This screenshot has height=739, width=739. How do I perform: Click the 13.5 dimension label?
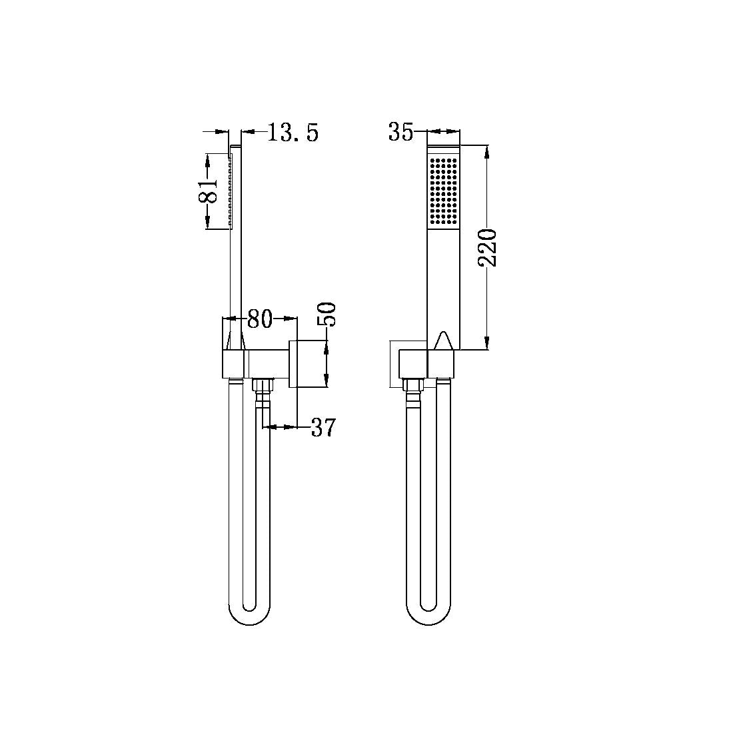pyautogui.click(x=293, y=133)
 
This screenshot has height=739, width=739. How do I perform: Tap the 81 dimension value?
pyautogui.click(x=209, y=191)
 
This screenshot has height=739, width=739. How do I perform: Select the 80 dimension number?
pyautogui.click(x=260, y=319)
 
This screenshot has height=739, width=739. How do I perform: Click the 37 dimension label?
pyautogui.click(x=323, y=428)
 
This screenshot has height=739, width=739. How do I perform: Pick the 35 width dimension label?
pyautogui.click(x=401, y=133)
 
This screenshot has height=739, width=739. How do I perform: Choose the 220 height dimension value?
pyautogui.click(x=488, y=247)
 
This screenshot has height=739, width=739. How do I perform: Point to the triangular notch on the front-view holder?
pyautogui.click(x=443, y=341)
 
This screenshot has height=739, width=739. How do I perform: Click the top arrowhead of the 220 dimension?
pyautogui.click(x=488, y=151)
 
